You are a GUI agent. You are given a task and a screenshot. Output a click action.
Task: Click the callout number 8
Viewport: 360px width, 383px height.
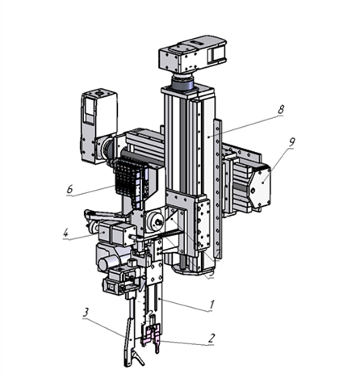[280, 110]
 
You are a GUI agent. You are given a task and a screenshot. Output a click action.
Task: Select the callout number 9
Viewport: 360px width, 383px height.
[291, 142]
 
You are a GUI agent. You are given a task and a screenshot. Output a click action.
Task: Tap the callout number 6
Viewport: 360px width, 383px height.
[69, 189]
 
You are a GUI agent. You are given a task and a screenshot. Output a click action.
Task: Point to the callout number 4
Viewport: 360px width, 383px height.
[65, 233]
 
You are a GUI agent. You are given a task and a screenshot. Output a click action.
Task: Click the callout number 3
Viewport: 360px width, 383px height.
[86, 312]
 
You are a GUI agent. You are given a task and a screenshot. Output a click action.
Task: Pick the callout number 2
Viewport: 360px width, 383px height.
[211, 338]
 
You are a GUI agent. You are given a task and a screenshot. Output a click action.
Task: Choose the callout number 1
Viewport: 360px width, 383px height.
[211, 305]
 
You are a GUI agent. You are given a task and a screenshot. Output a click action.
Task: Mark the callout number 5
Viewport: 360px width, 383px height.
[211, 272]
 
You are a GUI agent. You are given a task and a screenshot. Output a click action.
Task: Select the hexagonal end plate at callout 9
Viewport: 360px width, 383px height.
[259, 185]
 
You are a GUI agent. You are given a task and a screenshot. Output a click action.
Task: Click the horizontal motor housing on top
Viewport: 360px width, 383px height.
[192, 54]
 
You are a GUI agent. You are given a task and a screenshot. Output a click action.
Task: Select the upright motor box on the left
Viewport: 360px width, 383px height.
[98, 126]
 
